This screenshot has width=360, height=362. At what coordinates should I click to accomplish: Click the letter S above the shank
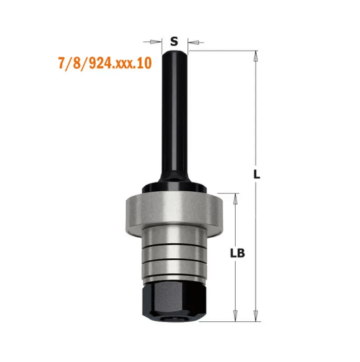[x=174, y=41]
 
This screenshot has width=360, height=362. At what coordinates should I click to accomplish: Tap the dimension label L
[x=257, y=175]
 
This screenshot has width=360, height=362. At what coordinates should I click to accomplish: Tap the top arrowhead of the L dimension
[x=256, y=57]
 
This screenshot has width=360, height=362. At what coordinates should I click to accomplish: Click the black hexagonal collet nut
[x=174, y=299]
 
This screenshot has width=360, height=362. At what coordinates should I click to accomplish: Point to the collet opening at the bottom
[x=174, y=319]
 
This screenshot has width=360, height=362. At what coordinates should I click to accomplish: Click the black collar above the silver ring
[x=174, y=188]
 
